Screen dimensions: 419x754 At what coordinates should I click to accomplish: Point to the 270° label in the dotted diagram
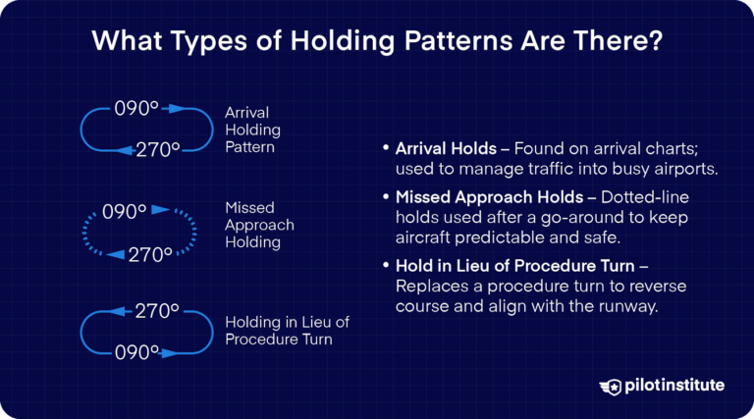[x=149, y=254]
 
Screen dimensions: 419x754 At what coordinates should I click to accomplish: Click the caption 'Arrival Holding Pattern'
[x=252, y=130]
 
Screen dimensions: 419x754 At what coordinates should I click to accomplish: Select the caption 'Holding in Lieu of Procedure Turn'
[x=287, y=331]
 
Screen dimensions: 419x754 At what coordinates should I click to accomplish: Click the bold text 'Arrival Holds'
[x=442, y=149]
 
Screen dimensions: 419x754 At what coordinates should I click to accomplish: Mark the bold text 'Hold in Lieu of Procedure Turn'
[x=506, y=266]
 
